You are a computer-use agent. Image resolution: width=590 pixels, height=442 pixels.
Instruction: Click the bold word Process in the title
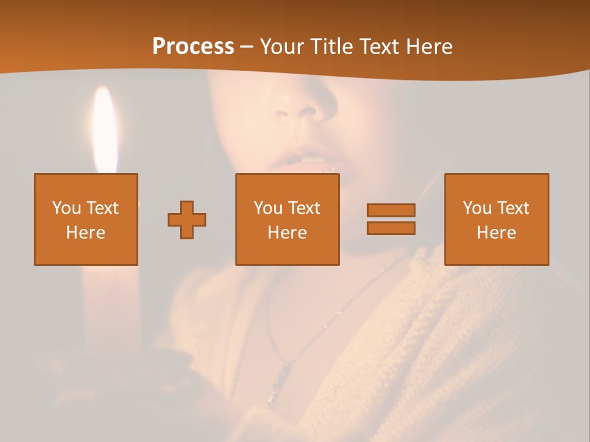tap(193, 47)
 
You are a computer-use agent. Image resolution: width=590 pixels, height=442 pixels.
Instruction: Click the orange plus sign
tap(187, 220)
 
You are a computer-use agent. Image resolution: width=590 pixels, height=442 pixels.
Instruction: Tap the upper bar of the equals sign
tap(391, 210)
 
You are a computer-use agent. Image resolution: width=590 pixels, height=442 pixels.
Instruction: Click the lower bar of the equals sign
tap(391, 228)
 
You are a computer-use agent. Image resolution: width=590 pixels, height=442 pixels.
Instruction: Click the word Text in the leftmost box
tap(102, 208)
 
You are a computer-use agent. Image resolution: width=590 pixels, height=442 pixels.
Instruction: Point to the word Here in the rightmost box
tap(497, 233)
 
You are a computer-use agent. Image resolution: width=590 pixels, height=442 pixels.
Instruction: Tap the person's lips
tap(307, 163)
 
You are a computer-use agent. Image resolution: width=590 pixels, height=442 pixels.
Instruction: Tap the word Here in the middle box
tap(288, 233)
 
